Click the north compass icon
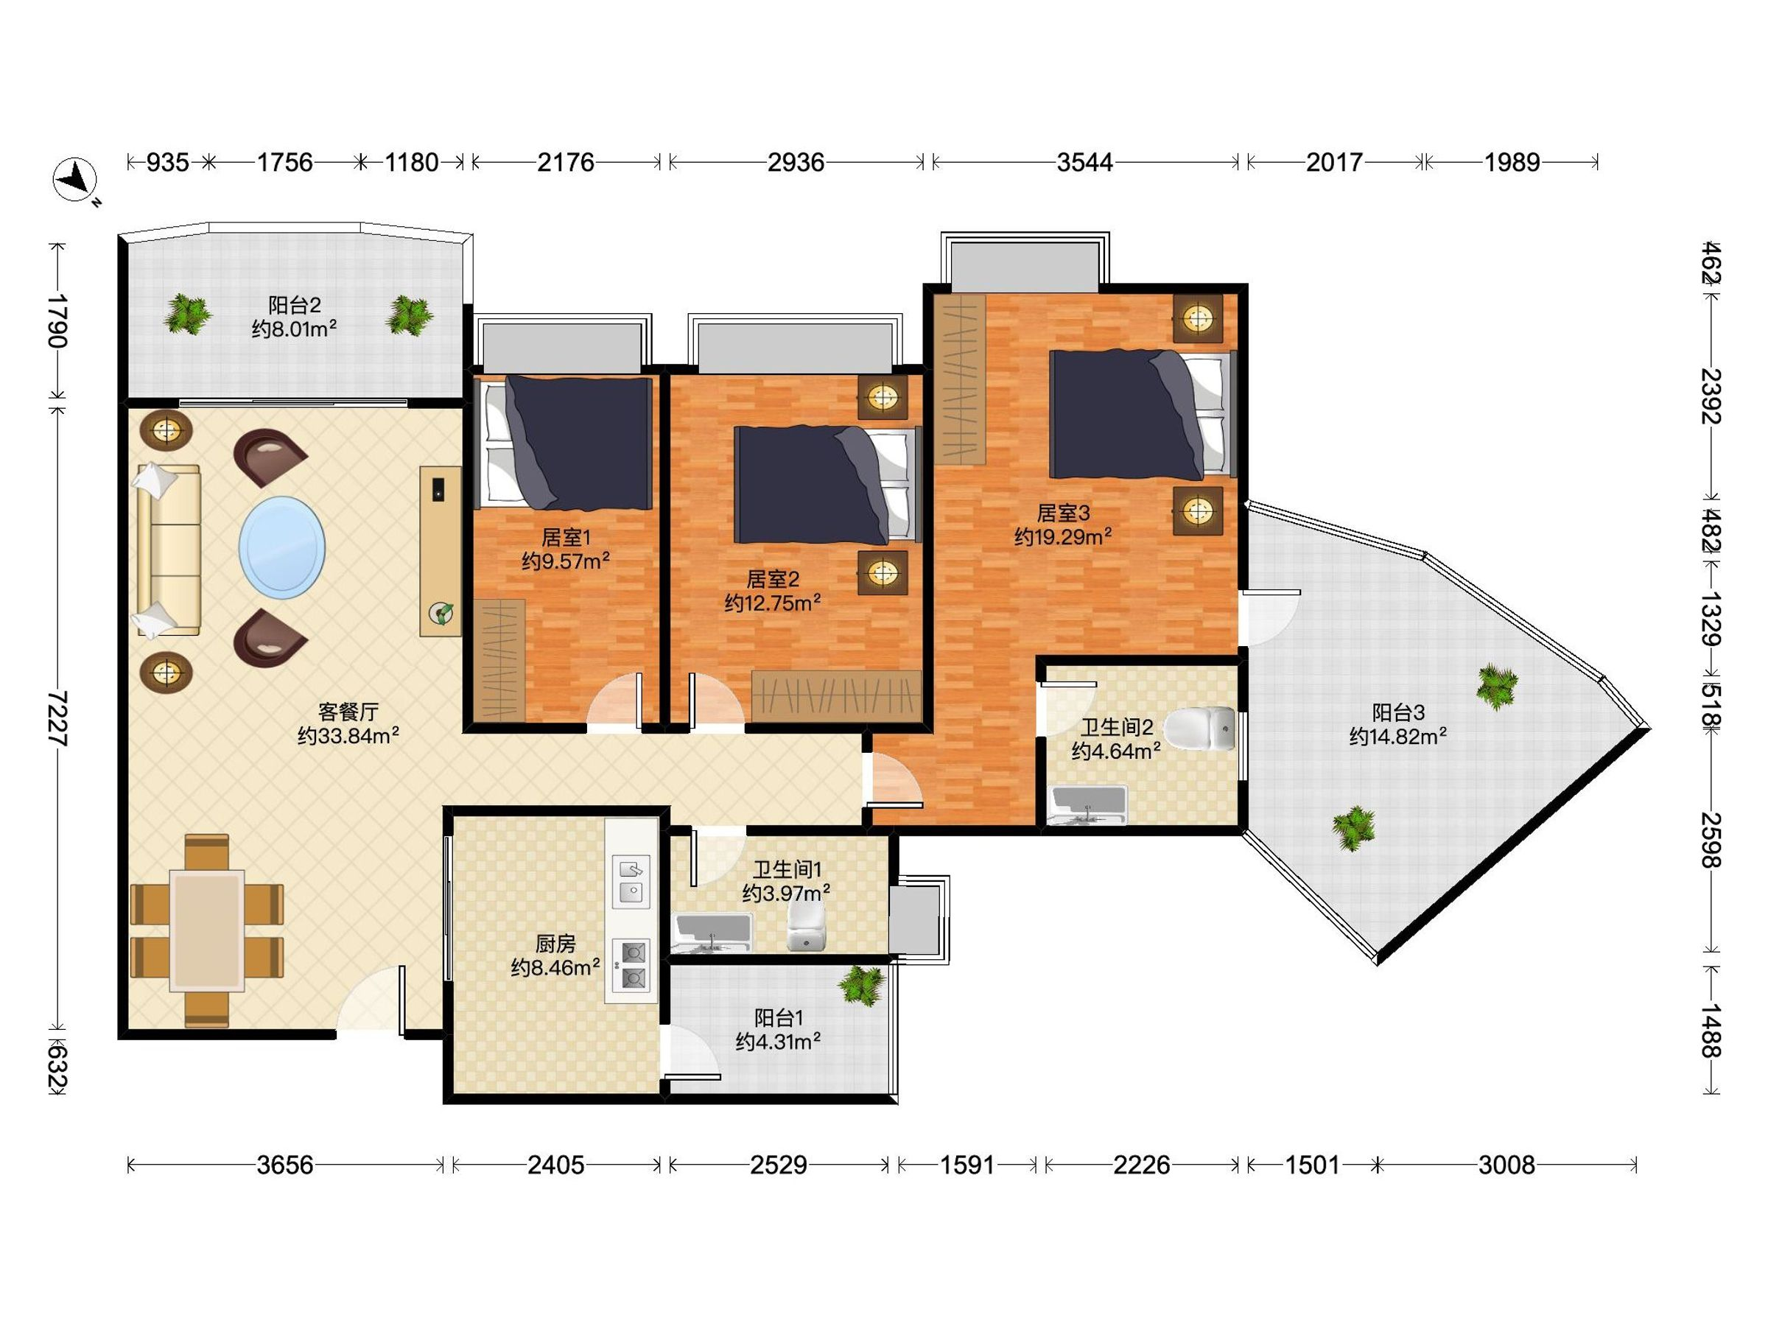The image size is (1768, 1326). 75,179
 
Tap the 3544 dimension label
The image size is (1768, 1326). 1084,163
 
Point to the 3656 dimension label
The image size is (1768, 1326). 284,1165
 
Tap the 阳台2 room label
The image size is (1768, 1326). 294,304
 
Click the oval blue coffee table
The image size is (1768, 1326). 282,547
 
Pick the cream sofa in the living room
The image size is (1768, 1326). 168,551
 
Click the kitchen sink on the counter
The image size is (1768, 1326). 631,882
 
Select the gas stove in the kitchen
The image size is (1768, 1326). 631,965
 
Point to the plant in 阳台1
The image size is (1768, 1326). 862,984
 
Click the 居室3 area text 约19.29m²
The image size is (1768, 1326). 1063,536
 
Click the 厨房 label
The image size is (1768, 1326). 555,944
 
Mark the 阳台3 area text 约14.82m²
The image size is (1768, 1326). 1398,736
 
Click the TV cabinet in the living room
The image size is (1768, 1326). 441,552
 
